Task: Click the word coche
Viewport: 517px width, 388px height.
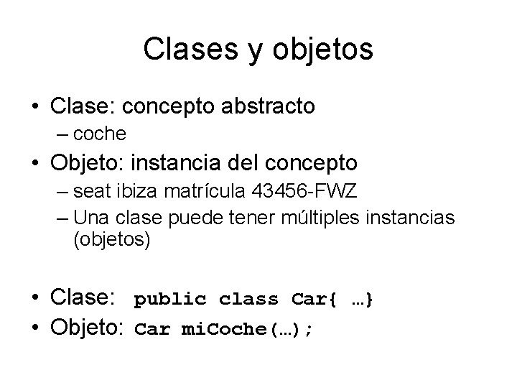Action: (101, 134)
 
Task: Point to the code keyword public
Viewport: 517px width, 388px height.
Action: (171, 300)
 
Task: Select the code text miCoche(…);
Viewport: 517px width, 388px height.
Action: (247, 330)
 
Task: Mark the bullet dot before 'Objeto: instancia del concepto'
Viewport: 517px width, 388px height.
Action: (34, 164)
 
